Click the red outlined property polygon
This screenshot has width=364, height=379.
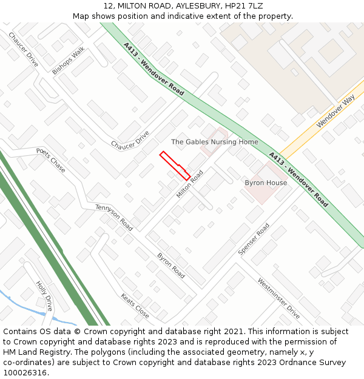(x=175, y=166)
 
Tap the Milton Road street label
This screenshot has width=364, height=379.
(x=190, y=184)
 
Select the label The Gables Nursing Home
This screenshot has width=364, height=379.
(x=214, y=142)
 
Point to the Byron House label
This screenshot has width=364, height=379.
(x=266, y=183)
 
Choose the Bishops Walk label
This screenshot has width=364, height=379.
(x=69, y=61)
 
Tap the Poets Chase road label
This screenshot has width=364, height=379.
(x=50, y=160)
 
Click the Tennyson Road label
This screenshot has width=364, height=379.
(x=114, y=217)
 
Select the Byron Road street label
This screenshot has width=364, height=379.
(x=171, y=266)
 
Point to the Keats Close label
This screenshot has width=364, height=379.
(x=135, y=306)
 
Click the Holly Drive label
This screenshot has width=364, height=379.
(x=44, y=295)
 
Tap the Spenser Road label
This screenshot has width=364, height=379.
(x=254, y=239)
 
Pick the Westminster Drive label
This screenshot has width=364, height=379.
(x=278, y=298)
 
